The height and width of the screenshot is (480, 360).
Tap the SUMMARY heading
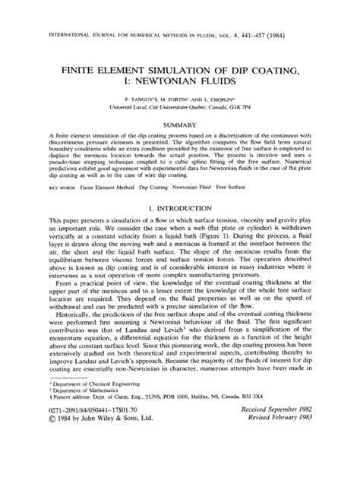(179, 123)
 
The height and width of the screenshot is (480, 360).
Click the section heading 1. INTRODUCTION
(180, 207)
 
